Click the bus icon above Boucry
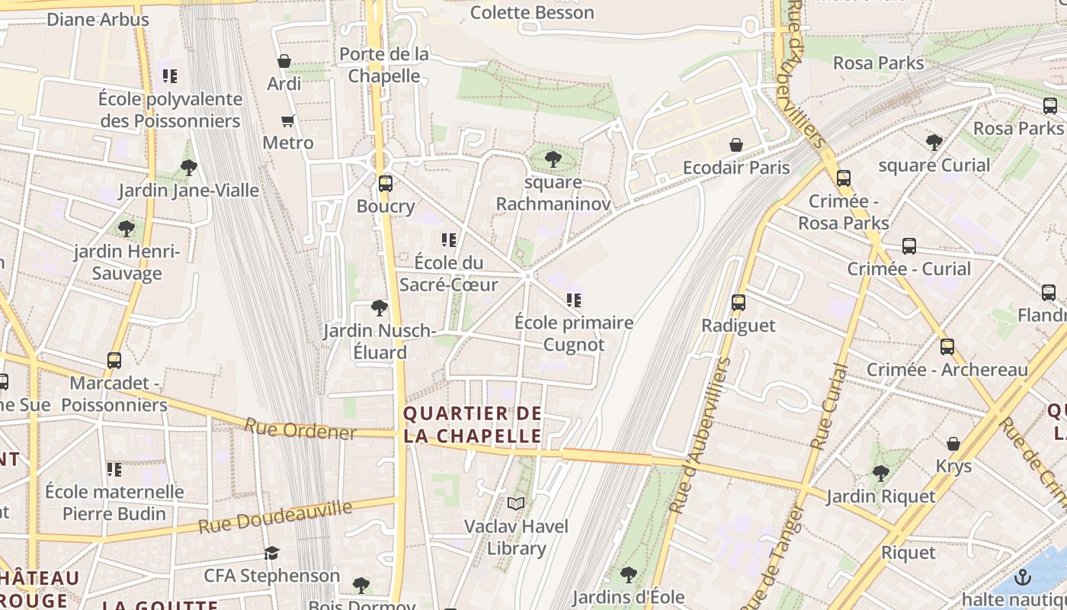385,183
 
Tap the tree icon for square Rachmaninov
553,159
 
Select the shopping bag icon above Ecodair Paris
736,144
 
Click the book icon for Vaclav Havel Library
516,503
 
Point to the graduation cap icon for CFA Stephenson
271,553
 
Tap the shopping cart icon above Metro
287,120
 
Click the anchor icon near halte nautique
1023,576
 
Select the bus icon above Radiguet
738,303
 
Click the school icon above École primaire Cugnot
574,300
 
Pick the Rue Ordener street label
300,429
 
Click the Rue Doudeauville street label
275,517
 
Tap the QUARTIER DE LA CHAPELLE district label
473,425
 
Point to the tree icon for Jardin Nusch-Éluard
379,308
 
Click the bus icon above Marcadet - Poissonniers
114,360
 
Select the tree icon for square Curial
934,143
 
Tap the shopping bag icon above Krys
953,444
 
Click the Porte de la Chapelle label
384,65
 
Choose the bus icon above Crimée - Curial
908,246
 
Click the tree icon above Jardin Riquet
881,474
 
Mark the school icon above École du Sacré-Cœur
448,240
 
